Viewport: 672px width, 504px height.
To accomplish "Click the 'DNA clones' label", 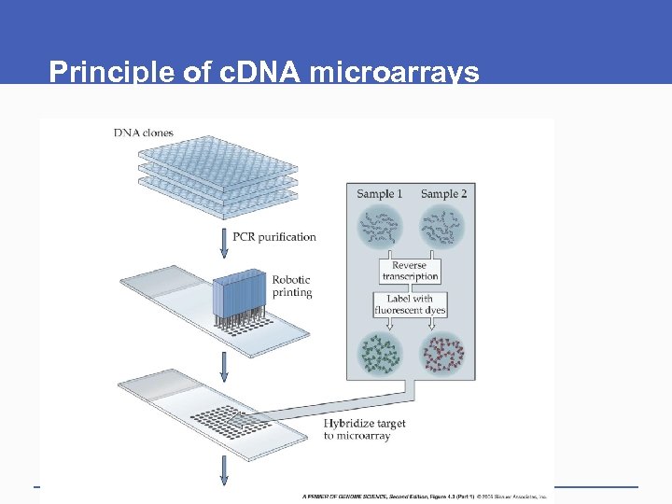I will (x=143, y=133).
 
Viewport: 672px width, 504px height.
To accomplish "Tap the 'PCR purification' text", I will (x=274, y=236).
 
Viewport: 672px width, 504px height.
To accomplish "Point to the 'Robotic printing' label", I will (x=291, y=286).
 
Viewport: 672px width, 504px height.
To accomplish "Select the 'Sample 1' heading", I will (x=379, y=194).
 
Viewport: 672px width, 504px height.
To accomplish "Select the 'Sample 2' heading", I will (x=443, y=194).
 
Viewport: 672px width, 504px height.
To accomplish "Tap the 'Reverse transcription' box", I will (x=410, y=271).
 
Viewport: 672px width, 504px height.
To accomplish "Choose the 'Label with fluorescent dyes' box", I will (x=410, y=304).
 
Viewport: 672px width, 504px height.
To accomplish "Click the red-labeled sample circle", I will (x=442, y=355).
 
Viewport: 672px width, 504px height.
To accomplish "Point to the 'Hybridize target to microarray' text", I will (x=364, y=429).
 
